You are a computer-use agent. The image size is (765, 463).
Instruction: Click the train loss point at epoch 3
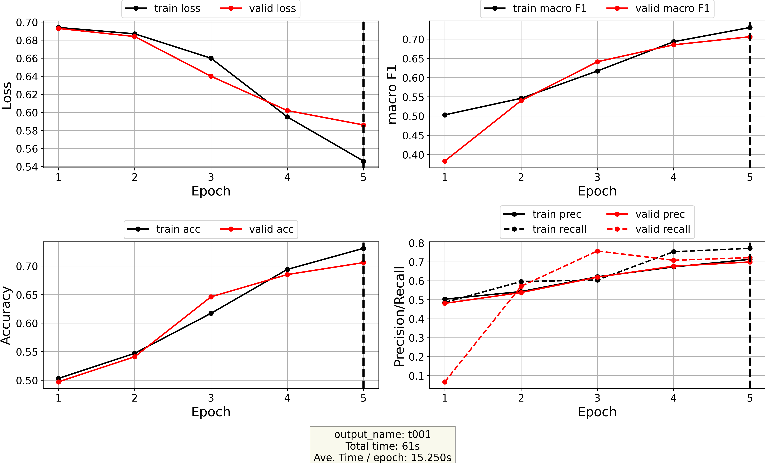pos(211,58)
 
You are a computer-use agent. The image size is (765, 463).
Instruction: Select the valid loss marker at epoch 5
pos(363,125)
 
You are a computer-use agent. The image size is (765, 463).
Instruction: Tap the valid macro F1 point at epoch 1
pos(445,161)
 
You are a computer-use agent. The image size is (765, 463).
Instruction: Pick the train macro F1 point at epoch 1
pos(445,115)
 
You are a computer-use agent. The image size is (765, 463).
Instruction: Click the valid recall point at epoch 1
pos(445,382)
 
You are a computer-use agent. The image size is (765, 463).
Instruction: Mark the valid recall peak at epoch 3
pos(597,251)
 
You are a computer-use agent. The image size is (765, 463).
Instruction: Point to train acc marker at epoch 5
pos(363,248)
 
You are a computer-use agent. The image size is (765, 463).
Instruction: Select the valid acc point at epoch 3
pos(211,297)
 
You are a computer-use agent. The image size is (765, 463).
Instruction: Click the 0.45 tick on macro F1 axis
pos(413,135)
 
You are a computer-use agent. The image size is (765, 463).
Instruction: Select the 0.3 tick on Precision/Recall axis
pos(416,338)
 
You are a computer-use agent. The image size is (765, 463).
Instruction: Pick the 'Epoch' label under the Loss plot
pos(211,191)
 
